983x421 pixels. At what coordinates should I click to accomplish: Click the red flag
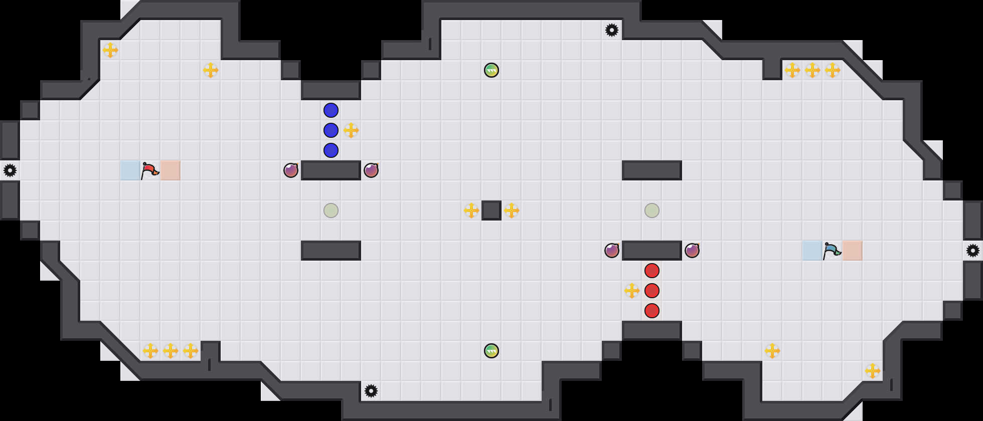tap(149, 170)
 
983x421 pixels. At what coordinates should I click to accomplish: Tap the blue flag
tap(832, 251)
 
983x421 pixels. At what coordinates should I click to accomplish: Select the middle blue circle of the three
tap(331, 130)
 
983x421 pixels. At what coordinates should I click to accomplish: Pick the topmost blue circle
tap(331, 110)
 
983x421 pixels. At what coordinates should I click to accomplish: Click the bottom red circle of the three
tap(652, 311)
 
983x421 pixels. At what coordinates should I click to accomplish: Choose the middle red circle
tap(652, 291)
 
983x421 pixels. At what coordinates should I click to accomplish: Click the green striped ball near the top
tap(491, 70)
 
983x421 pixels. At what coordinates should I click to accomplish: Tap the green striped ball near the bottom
tap(491, 351)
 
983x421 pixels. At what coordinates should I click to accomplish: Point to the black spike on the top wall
tap(612, 30)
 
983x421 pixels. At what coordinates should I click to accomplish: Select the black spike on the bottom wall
tap(371, 391)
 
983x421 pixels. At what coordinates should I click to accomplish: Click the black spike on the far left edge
tap(10, 170)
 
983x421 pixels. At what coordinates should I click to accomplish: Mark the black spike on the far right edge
tap(973, 251)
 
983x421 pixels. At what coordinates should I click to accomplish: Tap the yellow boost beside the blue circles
tap(351, 130)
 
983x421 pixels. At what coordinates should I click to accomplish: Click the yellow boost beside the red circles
tap(632, 291)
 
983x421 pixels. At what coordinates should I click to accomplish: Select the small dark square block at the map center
tap(491, 210)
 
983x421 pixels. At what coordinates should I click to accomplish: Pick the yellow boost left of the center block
tap(471, 210)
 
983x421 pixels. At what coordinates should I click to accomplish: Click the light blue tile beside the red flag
tap(130, 170)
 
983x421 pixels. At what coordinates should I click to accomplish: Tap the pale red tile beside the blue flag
tap(853, 251)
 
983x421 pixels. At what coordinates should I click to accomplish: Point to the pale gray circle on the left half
tap(331, 210)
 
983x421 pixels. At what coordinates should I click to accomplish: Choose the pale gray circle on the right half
tap(652, 210)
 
